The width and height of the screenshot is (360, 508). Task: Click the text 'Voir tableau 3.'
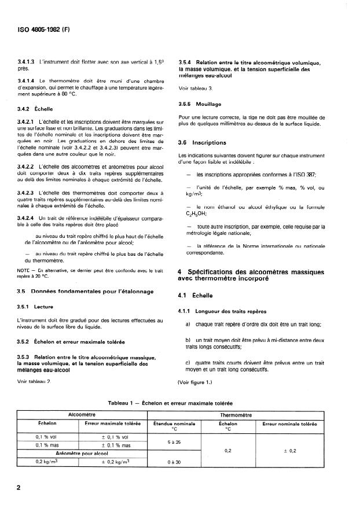pos(196,88)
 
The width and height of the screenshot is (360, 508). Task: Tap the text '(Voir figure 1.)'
pos(198,382)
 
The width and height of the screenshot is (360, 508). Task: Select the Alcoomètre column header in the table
pos(82,415)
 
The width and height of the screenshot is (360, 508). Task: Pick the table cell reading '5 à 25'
pos(172,441)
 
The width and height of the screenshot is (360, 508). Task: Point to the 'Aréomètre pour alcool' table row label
pos(82,453)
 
